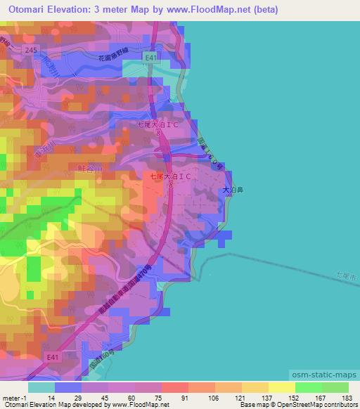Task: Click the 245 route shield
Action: coord(29,50)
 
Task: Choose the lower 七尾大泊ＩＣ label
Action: coord(171,178)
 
